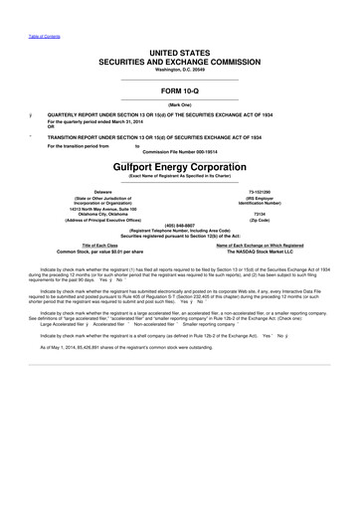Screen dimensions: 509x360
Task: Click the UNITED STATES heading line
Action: [x=179, y=50]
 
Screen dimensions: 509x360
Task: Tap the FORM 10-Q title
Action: [x=179, y=89]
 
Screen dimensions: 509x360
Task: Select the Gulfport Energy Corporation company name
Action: [x=179, y=168]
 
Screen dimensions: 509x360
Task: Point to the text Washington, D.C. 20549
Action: [x=179, y=71]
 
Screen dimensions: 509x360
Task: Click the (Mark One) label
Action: [x=179, y=103]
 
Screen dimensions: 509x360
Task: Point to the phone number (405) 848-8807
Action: [x=179, y=224]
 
